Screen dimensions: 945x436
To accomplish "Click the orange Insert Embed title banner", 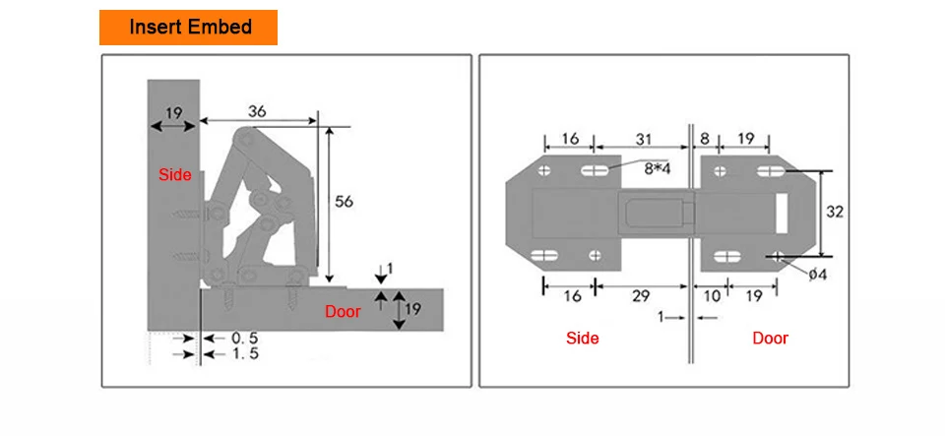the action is (x=188, y=28).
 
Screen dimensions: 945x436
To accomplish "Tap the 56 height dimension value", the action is (x=344, y=202).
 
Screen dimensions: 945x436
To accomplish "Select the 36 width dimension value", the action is (x=257, y=111).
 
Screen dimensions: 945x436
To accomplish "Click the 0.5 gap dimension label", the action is (x=245, y=338).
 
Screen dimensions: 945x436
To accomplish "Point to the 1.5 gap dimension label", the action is (x=245, y=353).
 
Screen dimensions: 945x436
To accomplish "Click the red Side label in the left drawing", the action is (x=175, y=174).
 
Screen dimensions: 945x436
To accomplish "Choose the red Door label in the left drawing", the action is (x=343, y=311).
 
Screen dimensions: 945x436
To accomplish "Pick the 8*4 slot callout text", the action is (x=658, y=168).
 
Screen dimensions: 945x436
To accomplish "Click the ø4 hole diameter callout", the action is (x=818, y=275).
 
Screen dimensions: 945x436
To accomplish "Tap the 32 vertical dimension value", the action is (x=835, y=212).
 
